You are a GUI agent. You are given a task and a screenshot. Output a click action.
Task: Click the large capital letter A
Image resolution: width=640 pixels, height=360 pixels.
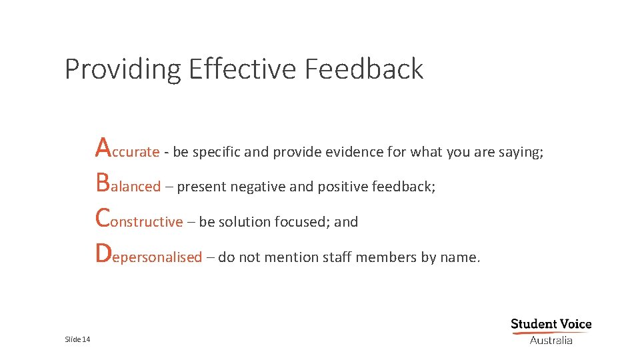[103, 147]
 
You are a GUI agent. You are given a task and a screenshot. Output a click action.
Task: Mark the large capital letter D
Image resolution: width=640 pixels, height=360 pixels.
[103, 252]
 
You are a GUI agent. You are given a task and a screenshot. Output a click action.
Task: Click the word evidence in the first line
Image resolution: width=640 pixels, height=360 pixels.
[355, 152]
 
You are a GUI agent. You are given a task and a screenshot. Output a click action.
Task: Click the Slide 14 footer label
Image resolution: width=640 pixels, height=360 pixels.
[77, 340]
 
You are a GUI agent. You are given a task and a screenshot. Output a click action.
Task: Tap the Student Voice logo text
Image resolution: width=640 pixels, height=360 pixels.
[551, 325]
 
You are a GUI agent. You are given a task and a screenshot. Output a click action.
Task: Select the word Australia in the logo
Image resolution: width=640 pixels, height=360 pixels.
[551, 340]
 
